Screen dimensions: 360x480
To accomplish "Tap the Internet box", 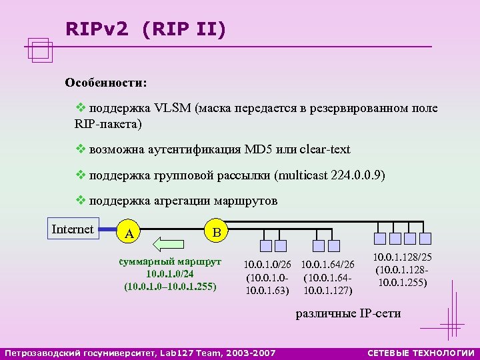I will pyautogui.click(x=73, y=229).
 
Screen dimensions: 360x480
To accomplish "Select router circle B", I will pyautogui.click(x=215, y=231).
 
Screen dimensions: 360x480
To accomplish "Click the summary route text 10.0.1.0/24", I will pyautogui.click(x=170, y=274).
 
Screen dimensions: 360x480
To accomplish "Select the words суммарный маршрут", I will pyautogui.click(x=170, y=261).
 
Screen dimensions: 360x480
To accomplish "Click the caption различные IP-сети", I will pyautogui.click(x=348, y=313).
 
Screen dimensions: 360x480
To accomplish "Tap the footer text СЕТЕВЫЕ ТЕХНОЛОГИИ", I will pyautogui.click(x=421, y=352).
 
